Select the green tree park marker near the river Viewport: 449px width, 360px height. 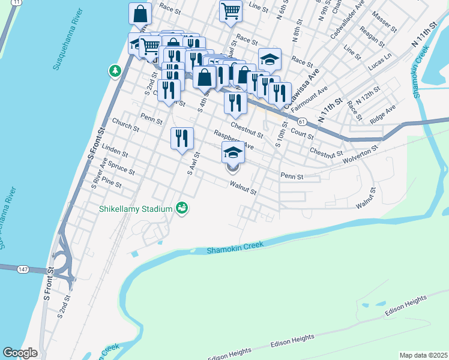pyautogui.click(x=114, y=71)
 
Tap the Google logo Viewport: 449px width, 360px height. pyautogui.click(x=20, y=353)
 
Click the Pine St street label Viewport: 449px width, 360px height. pyautogui.click(x=112, y=180)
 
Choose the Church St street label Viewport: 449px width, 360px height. pyautogui.click(x=125, y=124)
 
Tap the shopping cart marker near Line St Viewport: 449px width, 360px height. pyautogui.click(x=231, y=11)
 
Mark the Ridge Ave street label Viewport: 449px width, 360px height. pyautogui.click(x=383, y=114)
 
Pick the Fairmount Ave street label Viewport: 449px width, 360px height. pyautogui.click(x=309, y=99)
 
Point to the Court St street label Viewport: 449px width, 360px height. pyautogui.click(x=302, y=132)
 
